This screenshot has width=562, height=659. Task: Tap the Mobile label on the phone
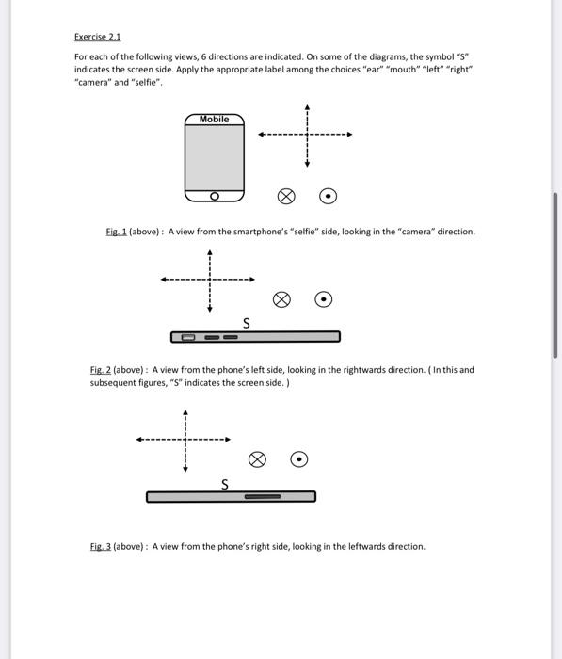tap(214, 120)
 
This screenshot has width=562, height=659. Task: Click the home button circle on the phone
tap(214, 196)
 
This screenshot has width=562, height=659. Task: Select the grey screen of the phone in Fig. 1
tap(214, 157)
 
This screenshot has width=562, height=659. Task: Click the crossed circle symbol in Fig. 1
tap(286, 197)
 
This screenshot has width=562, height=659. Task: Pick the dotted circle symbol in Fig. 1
tap(328, 197)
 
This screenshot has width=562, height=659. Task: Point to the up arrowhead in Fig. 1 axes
tap(307, 106)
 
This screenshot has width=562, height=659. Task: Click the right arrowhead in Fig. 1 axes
tap(349, 135)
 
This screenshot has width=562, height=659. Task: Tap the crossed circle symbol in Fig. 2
tap(281, 299)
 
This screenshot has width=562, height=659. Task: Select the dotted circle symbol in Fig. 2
tap(323, 299)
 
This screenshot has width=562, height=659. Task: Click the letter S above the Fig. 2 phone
tap(247, 323)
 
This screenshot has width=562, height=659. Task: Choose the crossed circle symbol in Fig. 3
tap(256, 459)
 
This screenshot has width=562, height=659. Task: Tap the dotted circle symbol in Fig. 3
tap(298, 459)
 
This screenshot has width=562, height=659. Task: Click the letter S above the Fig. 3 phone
tap(224, 484)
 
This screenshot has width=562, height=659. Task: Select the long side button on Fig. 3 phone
tap(263, 496)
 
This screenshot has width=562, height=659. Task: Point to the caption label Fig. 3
tap(101, 546)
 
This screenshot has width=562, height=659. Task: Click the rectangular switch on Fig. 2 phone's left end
tap(188, 337)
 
